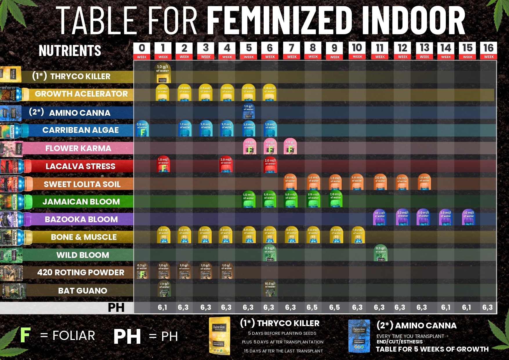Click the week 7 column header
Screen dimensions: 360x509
coord(291,51)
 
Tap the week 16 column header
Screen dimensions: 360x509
coord(488,51)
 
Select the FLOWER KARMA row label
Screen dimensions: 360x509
coord(78,148)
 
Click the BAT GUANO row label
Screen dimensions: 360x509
coord(83,290)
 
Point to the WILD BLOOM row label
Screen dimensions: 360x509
coord(83,255)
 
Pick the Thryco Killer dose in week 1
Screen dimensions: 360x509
coord(162,73)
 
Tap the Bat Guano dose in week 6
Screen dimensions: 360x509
coord(270,288)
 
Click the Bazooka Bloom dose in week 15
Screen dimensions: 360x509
coord(468,217)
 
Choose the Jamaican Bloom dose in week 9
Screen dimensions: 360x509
coord(336,199)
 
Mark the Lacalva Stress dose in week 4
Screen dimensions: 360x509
coord(226,164)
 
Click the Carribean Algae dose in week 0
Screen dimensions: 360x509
coord(142,129)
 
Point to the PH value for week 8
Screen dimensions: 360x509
coord(312,307)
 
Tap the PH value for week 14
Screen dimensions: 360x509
coord(445,307)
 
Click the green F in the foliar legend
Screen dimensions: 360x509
coord(25,335)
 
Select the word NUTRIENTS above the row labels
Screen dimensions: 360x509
coord(70,50)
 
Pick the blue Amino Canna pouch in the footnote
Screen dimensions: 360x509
coord(359,336)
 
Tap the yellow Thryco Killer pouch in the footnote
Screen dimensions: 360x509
coord(220,336)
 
